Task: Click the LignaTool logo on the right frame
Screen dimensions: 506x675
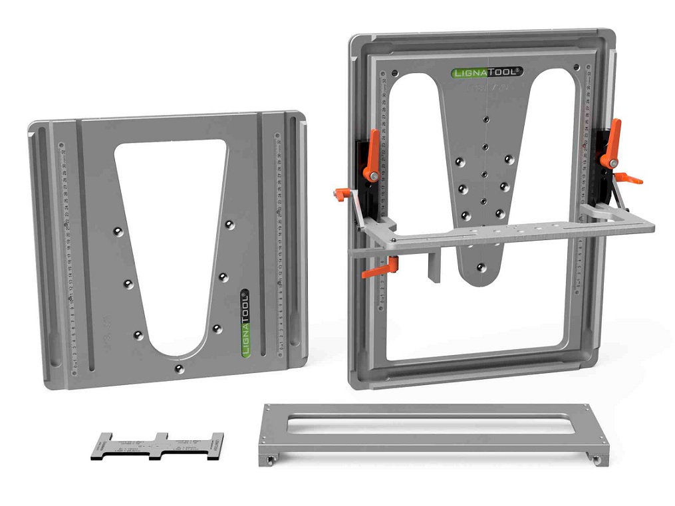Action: pos(487,72)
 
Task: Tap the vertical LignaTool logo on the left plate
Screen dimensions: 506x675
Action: pos(245,323)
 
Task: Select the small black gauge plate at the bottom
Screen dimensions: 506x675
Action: pos(157,446)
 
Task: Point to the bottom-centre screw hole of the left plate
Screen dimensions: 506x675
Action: pos(178,368)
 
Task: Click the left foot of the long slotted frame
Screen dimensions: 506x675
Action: pos(270,459)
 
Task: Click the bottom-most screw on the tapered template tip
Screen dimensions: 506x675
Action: pos(479,268)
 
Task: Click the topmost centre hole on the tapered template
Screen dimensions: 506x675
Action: pos(486,119)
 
